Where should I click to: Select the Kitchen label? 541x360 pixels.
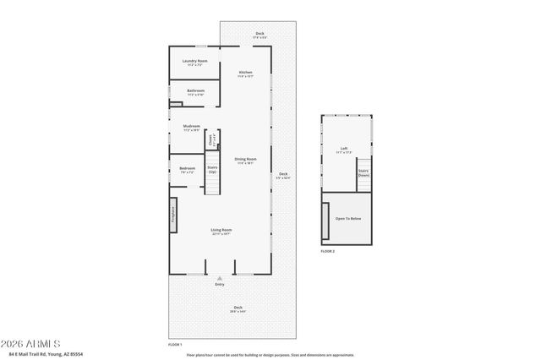tap(245, 73)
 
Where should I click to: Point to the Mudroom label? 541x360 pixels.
tap(192, 126)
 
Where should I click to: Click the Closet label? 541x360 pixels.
tap(212, 138)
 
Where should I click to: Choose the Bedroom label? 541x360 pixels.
tap(187, 168)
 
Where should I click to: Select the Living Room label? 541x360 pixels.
tap(221, 230)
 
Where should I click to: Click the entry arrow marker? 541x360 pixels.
tap(220, 278)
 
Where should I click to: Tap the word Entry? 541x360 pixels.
tap(220, 285)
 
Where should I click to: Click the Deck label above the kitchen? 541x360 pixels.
tap(260, 34)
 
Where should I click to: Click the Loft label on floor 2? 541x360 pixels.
tap(344, 148)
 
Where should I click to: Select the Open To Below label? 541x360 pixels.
tap(348, 218)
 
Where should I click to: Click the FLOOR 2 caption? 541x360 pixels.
tap(328, 251)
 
